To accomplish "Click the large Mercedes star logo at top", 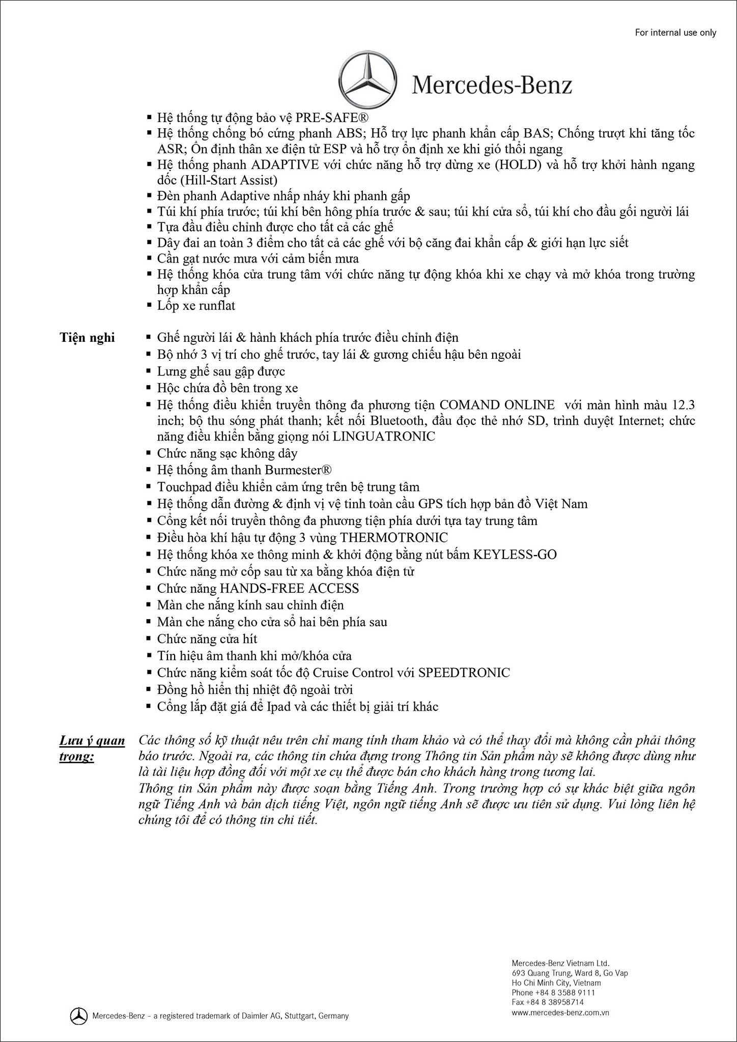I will click(x=367, y=79).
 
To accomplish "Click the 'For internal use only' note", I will click(x=675, y=33).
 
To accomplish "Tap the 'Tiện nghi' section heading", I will click(x=87, y=338).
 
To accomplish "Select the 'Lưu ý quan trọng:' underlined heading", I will click(x=92, y=748).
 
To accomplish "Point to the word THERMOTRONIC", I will click(x=394, y=538).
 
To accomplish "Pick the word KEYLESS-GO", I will click(x=515, y=555).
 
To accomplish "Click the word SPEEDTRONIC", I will click(x=464, y=673).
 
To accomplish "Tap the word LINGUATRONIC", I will click(x=384, y=437).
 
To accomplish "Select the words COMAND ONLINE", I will click(x=497, y=405).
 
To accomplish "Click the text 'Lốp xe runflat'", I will click(x=196, y=306).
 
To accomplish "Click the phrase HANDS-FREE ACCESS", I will click(x=289, y=589).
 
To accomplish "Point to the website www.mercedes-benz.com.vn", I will click(x=560, y=1012).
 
